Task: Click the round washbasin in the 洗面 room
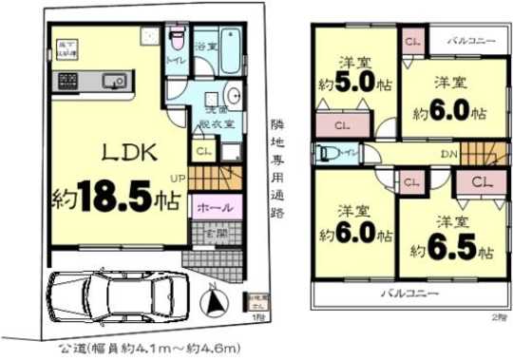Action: click(x=234, y=95)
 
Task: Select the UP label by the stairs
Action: click(x=178, y=178)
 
